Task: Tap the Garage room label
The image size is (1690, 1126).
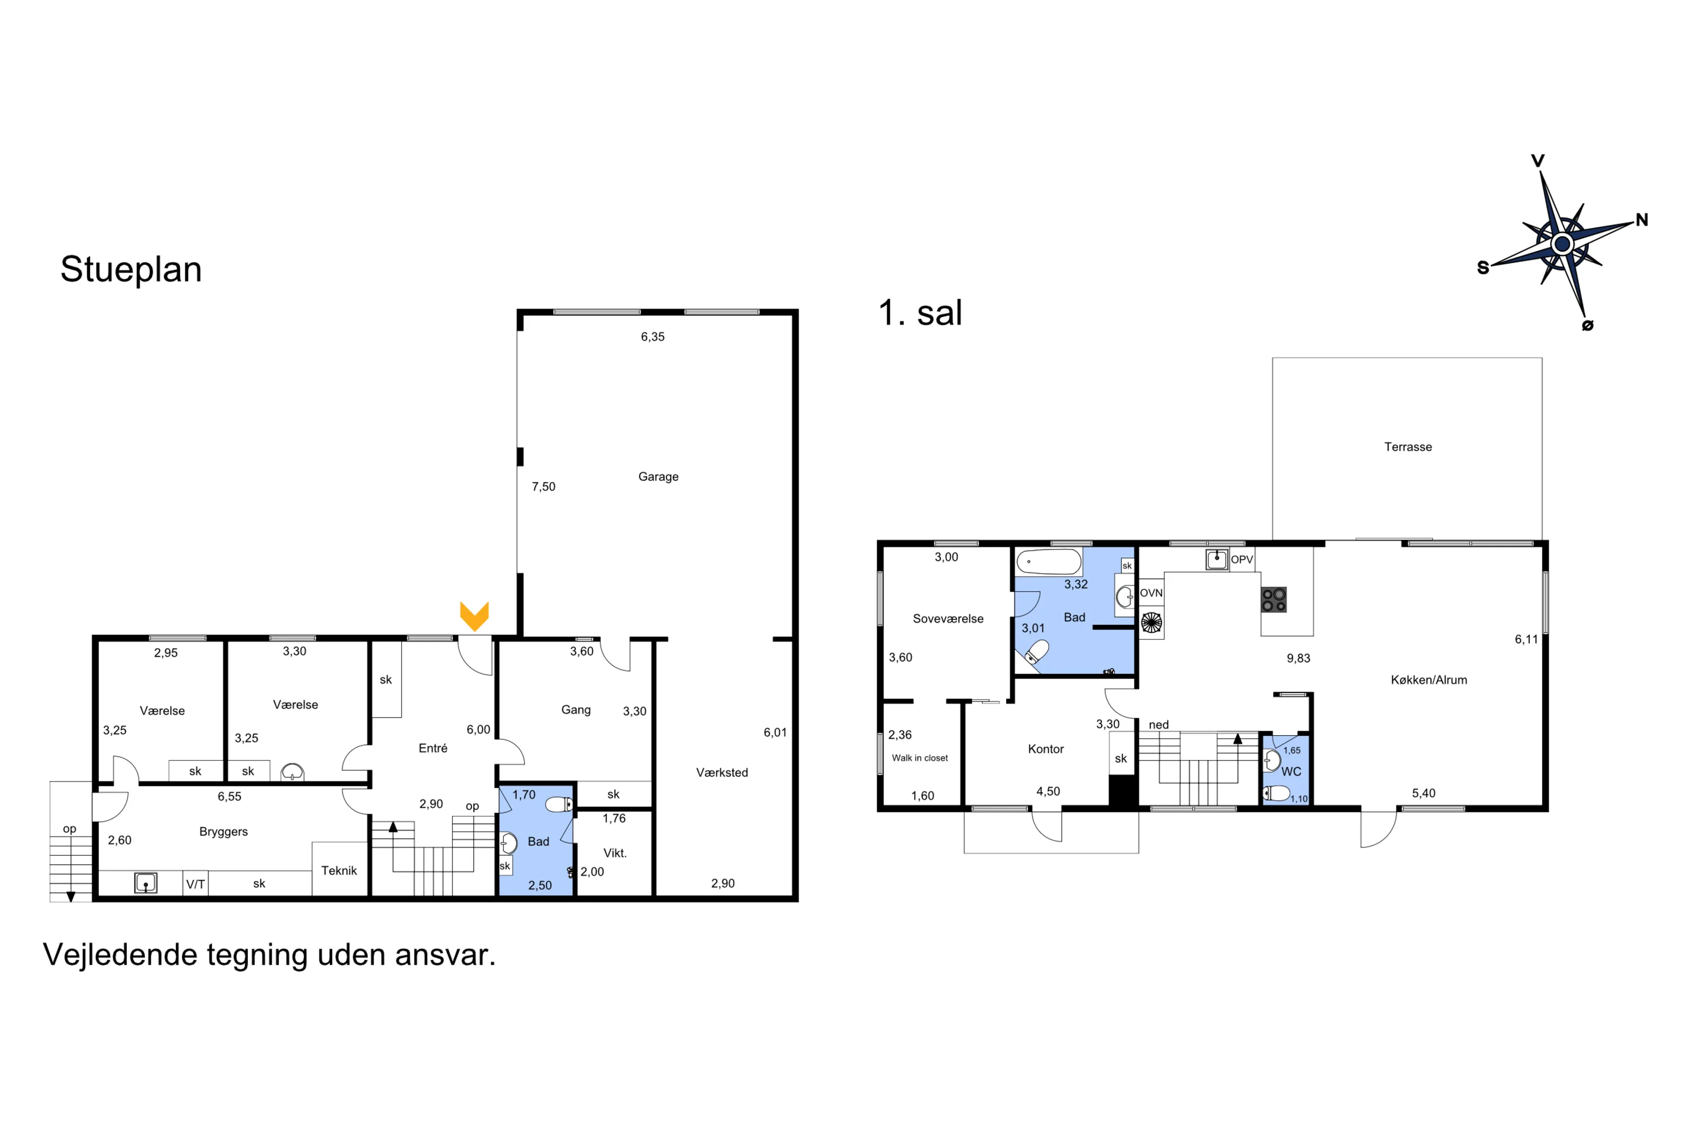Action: tap(658, 477)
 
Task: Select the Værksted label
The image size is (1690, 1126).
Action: tap(722, 772)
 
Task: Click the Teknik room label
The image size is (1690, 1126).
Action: tap(339, 870)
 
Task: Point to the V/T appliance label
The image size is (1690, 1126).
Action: tap(195, 884)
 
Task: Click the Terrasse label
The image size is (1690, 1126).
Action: tap(1408, 446)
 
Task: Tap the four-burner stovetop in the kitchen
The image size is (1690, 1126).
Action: tap(1274, 600)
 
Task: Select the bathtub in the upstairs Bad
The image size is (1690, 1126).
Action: tap(1049, 561)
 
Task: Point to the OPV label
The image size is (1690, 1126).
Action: tap(1242, 560)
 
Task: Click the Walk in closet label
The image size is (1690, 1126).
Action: tap(920, 758)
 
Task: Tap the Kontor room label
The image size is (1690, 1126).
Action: tap(1046, 749)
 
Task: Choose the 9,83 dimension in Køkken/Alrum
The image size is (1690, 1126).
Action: tap(1298, 658)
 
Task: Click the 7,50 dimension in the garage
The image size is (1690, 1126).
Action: tap(543, 487)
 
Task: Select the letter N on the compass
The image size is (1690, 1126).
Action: tap(1642, 220)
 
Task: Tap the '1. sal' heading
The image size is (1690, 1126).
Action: tap(920, 313)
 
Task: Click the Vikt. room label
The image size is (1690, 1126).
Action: tap(615, 853)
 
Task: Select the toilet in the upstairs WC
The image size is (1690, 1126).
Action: tap(1276, 793)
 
